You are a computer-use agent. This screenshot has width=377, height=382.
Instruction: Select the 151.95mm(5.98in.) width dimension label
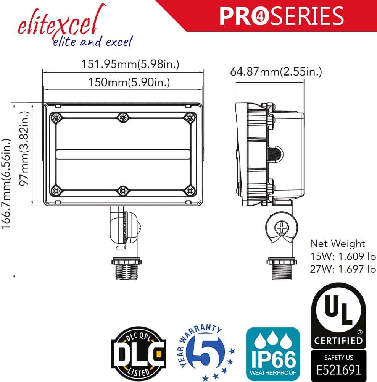pyautogui.click(x=130, y=64)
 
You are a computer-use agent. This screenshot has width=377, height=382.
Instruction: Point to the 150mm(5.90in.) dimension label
pyautogui.click(x=129, y=82)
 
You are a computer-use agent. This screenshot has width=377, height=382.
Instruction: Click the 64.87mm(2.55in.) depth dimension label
pyautogui.click(x=276, y=72)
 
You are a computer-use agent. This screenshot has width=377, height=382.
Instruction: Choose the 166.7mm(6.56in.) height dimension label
pyautogui.click(x=6, y=184)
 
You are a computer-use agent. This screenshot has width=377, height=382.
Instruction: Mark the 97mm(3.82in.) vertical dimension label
pyautogui.click(x=24, y=148)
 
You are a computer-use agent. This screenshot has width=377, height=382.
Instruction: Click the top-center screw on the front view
pyautogui.click(x=123, y=117)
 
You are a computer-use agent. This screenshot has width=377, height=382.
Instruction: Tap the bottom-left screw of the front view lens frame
pyautogui.click(x=56, y=191)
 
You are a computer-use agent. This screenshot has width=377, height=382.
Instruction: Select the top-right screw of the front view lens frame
pyautogui.click(x=190, y=118)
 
